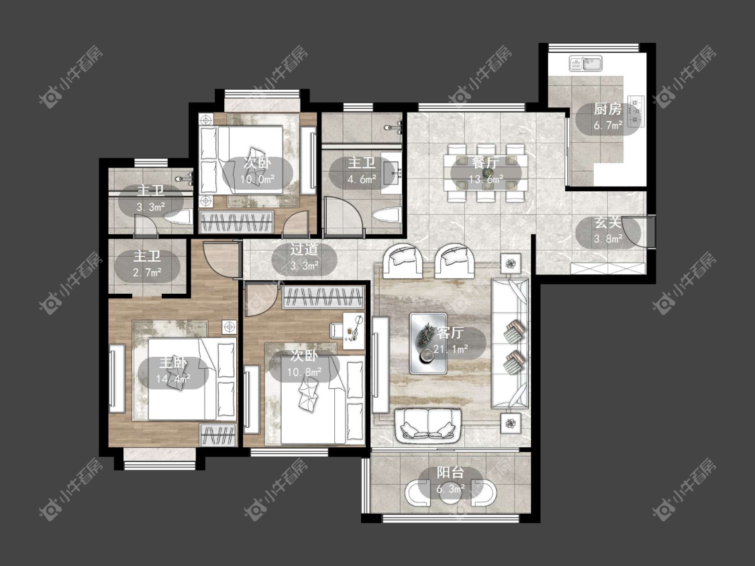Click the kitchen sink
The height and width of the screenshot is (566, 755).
(x=585, y=64)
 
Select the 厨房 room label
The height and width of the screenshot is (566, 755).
(x=607, y=110)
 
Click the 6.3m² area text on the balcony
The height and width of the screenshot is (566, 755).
(x=451, y=490)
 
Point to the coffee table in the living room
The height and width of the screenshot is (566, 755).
(x=428, y=343)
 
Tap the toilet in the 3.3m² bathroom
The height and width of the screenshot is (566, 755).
(x=178, y=219)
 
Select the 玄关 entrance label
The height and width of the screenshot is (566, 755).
(x=607, y=223)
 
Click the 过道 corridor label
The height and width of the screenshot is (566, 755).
(x=304, y=249)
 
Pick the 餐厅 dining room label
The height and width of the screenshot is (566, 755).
(x=485, y=163)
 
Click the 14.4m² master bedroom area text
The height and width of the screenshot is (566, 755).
(x=173, y=380)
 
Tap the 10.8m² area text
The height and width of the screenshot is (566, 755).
(x=304, y=372)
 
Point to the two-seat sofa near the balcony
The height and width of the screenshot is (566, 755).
(x=428, y=425)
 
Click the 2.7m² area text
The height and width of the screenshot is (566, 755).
(x=148, y=273)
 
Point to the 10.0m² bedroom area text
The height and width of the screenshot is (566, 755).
(x=258, y=180)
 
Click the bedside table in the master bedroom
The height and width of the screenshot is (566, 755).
(x=230, y=327)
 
